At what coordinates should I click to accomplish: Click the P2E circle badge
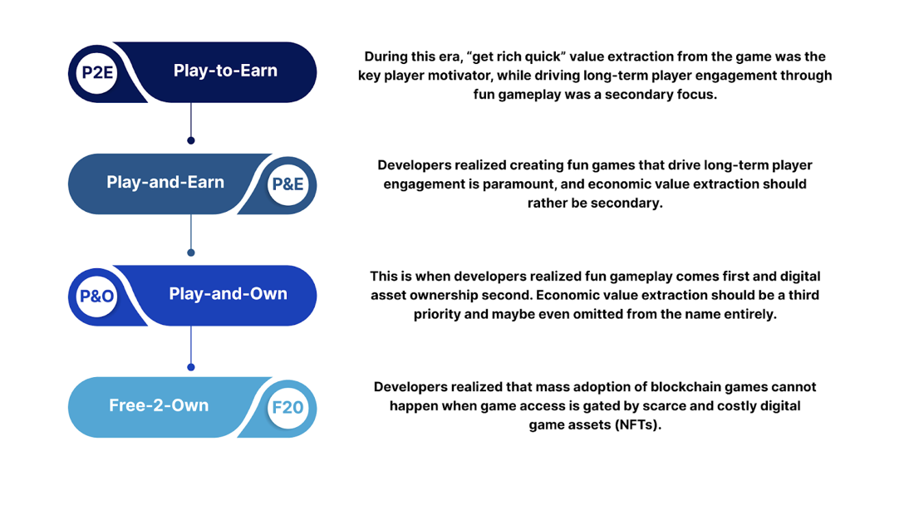(97, 72)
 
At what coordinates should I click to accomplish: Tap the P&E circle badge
(287, 184)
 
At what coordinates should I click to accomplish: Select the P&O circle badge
(96, 296)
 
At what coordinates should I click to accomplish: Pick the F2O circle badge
(287, 408)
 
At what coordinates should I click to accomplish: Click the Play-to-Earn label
(225, 71)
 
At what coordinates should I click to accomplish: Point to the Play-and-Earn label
(165, 182)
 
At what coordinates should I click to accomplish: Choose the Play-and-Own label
(228, 293)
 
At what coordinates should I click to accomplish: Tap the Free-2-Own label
(159, 405)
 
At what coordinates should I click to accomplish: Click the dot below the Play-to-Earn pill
(191, 140)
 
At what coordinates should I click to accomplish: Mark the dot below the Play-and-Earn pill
(191, 253)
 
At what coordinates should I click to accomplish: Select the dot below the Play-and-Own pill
(191, 366)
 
